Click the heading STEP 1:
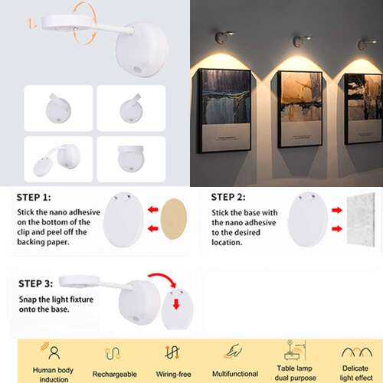[x=34, y=198]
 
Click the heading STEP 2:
[x=228, y=197]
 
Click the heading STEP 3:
[x=36, y=283]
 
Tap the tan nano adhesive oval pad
[x=174, y=219]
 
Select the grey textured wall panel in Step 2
[x=361, y=220]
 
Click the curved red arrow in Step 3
[x=163, y=277]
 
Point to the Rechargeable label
[x=115, y=374]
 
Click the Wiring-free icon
[x=172, y=352]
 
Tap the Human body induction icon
[x=51, y=351]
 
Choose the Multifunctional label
[x=235, y=374]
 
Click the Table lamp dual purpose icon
[x=295, y=350]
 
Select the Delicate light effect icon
[x=357, y=352]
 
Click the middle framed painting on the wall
[x=300, y=110]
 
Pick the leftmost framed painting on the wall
[x=224, y=111]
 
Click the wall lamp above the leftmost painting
[x=224, y=37]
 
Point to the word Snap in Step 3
[x=28, y=300]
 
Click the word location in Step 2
[x=227, y=242]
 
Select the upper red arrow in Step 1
[x=153, y=210]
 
